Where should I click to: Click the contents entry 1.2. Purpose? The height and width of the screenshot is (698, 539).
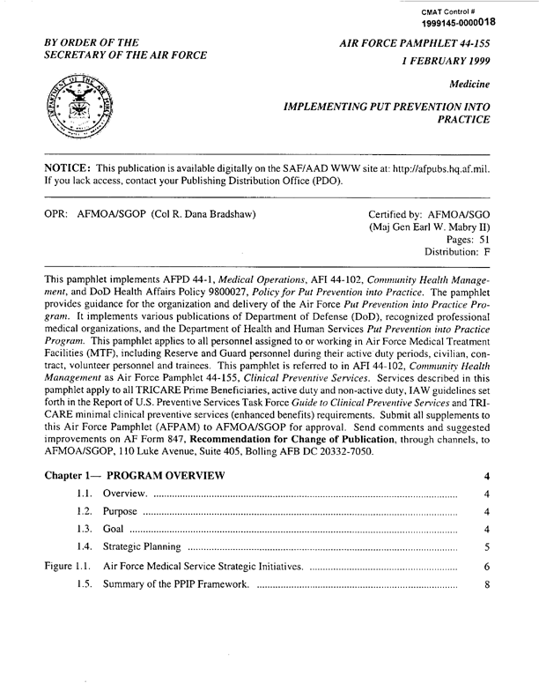[x=121, y=512]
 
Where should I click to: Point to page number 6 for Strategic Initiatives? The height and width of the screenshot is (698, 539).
[x=486, y=566]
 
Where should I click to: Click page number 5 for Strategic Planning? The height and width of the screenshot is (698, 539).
[x=486, y=547]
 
